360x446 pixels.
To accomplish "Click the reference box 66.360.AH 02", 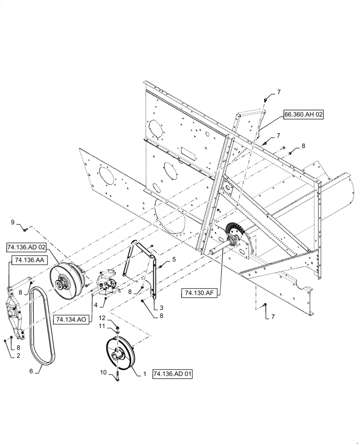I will pyautogui.click(x=303, y=114).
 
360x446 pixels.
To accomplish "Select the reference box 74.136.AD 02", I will pyautogui.click(x=27, y=247).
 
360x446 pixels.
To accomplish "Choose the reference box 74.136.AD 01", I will pyautogui.click(x=172, y=374).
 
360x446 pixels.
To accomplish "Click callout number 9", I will pyautogui.click(x=13, y=222).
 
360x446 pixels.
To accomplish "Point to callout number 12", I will pyautogui.click(x=102, y=318).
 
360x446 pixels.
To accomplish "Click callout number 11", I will pyautogui.click(x=102, y=327).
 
